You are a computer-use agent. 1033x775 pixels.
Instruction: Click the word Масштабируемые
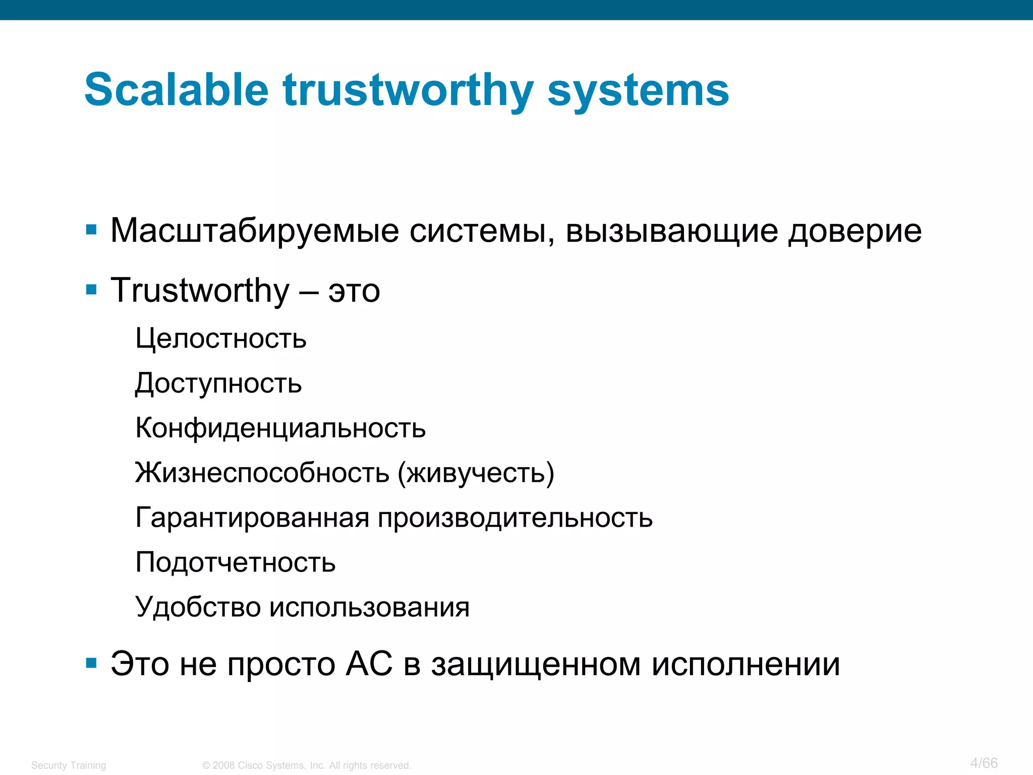(255, 231)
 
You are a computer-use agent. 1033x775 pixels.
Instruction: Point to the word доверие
(854, 231)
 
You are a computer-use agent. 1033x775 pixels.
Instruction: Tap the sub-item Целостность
(221, 338)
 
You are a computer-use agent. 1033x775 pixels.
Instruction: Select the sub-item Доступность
(218, 383)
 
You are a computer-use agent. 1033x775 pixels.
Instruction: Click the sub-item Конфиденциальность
(280, 428)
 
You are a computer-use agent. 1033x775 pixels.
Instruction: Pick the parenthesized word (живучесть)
(476, 473)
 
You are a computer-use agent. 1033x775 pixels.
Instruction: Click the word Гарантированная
(252, 518)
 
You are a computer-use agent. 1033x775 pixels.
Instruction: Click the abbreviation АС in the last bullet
(369, 664)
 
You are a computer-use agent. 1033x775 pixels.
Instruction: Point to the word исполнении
(745, 664)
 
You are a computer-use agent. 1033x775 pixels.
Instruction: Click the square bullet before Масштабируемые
(91, 231)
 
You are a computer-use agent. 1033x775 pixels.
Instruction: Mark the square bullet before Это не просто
(91, 663)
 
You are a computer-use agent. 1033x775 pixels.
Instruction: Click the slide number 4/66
(984, 763)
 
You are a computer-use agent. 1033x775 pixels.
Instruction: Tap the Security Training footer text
(69, 765)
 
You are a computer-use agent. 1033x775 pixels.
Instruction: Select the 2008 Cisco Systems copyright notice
(307, 765)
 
